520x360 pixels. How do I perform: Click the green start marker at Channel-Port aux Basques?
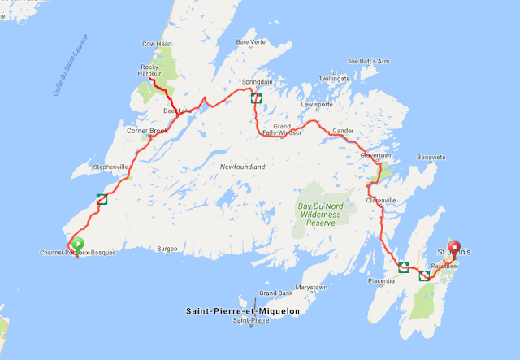(x=78, y=243)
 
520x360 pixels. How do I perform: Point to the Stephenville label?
(x=111, y=167)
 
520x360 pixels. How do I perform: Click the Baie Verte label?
(x=251, y=42)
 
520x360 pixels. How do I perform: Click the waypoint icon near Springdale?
(x=256, y=98)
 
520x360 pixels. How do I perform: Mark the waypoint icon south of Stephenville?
(x=102, y=200)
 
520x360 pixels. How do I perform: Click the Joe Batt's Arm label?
(x=369, y=62)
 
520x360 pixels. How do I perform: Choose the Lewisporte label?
(x=317, y=105)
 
